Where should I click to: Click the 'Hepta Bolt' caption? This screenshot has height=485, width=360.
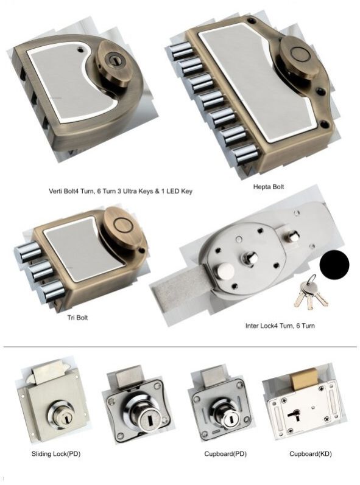click(x=269, y=187)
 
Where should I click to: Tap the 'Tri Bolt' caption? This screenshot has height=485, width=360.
click(x=77, y=317)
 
